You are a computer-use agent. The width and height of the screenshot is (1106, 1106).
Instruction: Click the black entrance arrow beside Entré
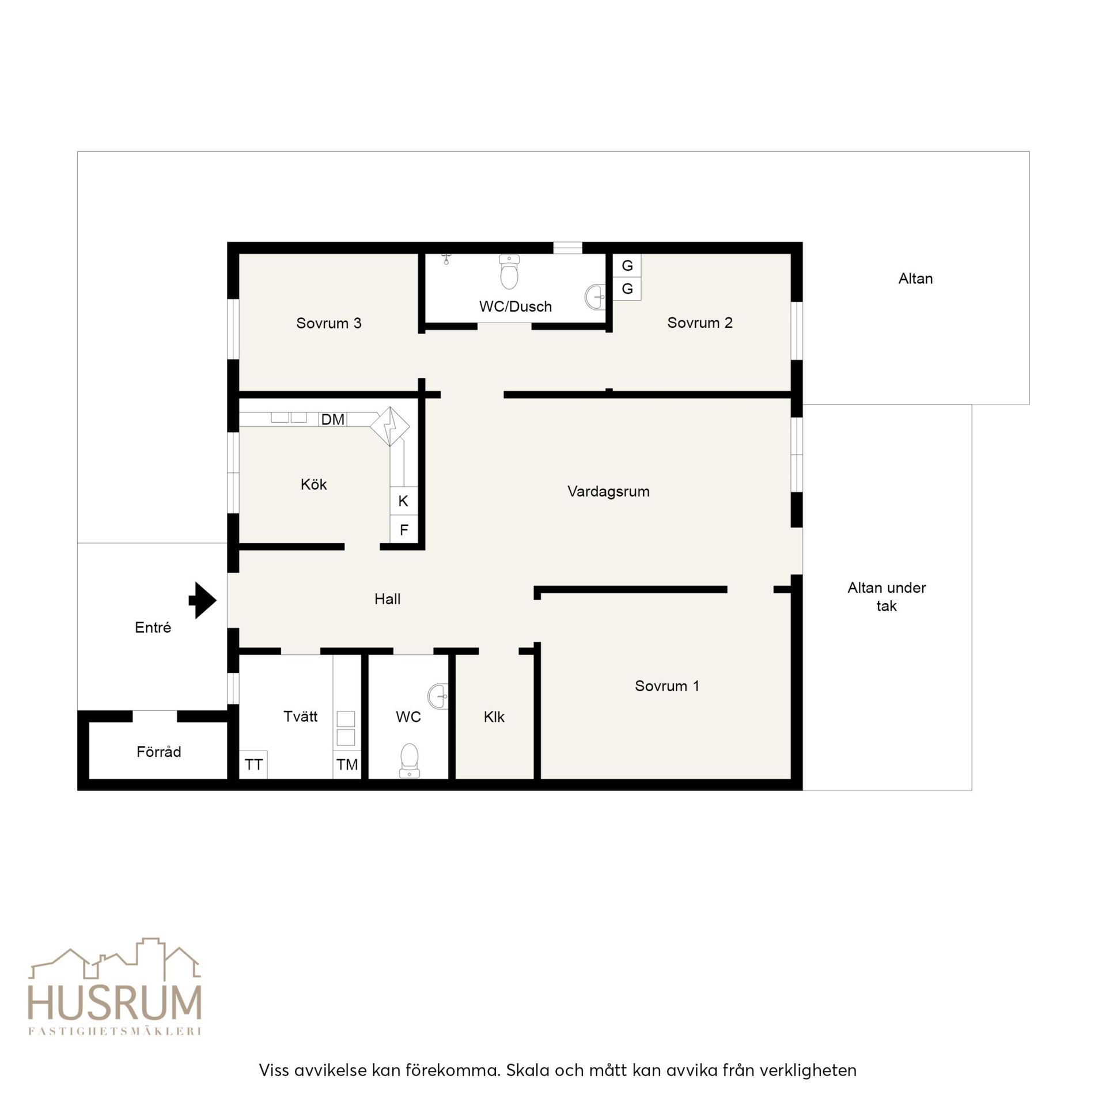pos(202,600)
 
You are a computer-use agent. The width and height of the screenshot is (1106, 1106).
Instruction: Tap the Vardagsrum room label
pos(608,491)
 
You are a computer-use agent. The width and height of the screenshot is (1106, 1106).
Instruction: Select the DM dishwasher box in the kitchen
pos(332,419)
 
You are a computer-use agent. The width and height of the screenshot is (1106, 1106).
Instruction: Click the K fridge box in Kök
pos(403,501)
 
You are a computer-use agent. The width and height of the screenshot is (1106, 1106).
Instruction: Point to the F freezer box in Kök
pos(404,529)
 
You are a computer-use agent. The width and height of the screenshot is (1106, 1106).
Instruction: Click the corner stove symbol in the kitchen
pos(390,426)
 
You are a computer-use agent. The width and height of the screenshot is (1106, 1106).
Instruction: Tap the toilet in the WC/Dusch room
pos(509,272)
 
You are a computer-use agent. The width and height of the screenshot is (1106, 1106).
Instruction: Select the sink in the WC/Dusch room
pos(595,297)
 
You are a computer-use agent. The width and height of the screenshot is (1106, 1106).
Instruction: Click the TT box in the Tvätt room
pos(253,764)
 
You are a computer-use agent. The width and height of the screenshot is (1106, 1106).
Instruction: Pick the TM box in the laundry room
pos(347,764)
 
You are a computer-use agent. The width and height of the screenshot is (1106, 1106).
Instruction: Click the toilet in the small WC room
pos(409,760)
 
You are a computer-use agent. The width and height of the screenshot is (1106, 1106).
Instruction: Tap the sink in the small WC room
pos(438,696)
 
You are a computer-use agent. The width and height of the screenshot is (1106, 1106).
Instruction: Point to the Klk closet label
pos(494,717)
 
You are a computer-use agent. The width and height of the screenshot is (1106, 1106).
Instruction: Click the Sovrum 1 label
pos(667,685)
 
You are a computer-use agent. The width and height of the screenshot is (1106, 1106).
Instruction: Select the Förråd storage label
pos(159,751)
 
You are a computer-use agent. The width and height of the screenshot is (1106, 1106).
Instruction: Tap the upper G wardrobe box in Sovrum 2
pos(627,266)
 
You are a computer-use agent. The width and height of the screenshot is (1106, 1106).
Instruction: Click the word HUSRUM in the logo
pos(115,1002)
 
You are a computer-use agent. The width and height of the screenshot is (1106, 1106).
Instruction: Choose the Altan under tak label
pos(887,596)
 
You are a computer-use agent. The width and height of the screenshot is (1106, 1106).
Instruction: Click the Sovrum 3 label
pos(329,323)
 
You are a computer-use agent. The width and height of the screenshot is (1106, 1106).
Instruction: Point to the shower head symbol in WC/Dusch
pos(446,259)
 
